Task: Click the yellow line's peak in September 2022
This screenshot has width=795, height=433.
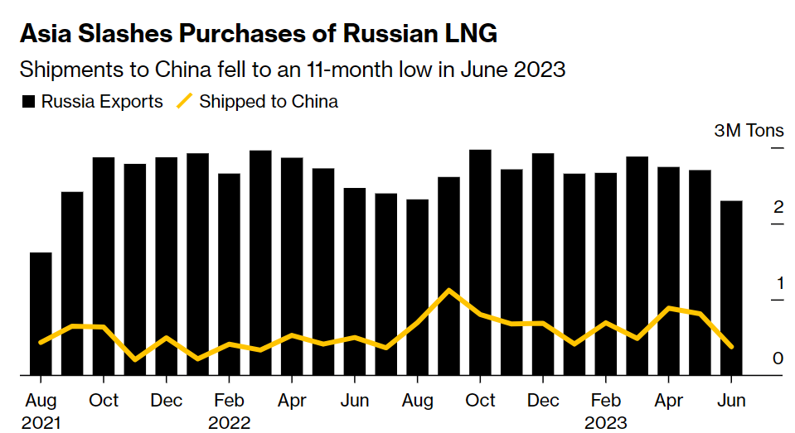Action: point(448,291)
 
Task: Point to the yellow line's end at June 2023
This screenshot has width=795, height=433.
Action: point(731,347)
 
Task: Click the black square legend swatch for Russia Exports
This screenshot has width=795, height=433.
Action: point(29,102)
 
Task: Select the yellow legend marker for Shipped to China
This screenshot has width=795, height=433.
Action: point(184,102)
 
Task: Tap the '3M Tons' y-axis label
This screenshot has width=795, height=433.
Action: point(749,132)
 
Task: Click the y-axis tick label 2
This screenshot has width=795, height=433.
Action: point(778,207)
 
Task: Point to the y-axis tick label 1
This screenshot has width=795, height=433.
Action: point(778,283)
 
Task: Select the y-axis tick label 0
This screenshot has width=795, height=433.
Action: point(778,358)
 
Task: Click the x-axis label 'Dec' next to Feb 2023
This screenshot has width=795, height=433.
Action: point(543,401)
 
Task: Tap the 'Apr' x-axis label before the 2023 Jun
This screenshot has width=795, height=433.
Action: point(669,401)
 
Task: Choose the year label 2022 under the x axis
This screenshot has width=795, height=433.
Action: point(230,423)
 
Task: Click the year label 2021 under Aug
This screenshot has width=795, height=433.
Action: point(41,423)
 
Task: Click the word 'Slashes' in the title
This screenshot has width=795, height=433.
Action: point(129,34)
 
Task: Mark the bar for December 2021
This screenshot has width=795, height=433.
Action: point(166,266)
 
